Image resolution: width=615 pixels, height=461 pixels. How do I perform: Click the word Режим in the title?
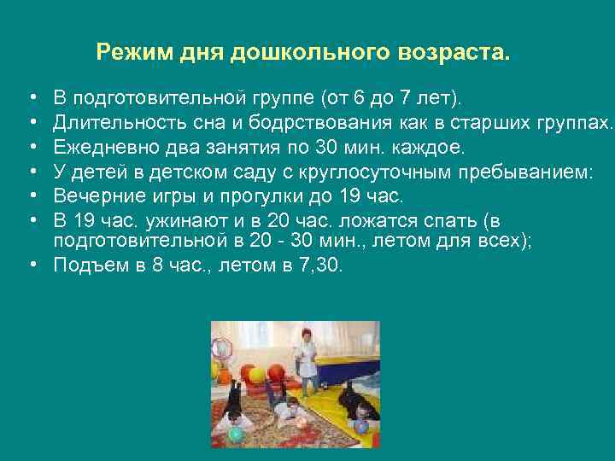pos(125,54)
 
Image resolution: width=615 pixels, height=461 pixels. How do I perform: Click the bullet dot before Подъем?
pos(32,265)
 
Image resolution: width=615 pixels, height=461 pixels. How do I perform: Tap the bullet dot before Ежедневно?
pos(32,148)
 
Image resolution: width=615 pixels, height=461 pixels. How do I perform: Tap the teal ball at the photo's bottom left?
pos(236,434)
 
